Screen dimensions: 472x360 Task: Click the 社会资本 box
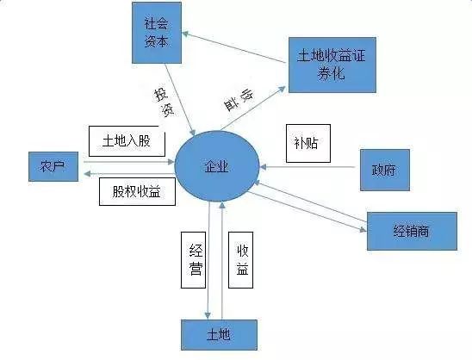(157, 33)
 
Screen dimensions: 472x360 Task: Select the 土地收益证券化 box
(332, 65)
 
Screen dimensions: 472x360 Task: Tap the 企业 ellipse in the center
(217, 166)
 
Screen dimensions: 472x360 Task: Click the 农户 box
(53, 166)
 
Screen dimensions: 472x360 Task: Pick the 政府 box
(385, 170)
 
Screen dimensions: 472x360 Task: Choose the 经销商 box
(412, 231)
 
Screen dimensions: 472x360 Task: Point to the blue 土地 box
(219, 335)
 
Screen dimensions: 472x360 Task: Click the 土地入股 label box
(127, 141)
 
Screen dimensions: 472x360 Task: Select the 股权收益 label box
(137, 191)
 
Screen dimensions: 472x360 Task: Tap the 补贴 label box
(308, 143)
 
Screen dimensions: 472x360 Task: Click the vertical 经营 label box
(193, 260)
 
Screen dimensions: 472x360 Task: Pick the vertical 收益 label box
(240, 260)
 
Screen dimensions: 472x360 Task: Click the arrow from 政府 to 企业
(307, 166)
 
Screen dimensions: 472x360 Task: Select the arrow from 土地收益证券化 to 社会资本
(233, 47)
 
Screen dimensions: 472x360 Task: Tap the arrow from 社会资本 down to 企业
(180, 99)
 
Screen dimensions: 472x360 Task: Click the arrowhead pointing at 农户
(87, 174)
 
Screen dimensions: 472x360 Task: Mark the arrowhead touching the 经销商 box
(363, 230)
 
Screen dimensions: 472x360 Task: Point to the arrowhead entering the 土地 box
(208, 315)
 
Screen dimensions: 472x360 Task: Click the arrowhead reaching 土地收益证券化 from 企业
(282, 89)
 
